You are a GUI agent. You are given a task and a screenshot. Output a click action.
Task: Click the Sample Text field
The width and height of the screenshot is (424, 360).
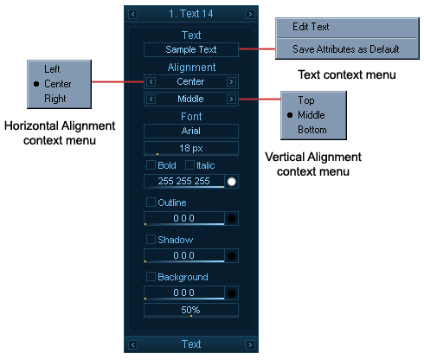pyautogui.click(x=191, y=49)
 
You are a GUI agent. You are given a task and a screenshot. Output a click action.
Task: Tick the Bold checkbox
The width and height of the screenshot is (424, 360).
pyautogui.click(x=151, y=165)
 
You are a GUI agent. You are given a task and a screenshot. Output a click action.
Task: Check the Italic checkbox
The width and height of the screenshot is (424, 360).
pyautogui.click(x=190, y=165)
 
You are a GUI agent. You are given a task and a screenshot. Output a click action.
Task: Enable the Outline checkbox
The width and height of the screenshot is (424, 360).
pyautogui.click(x=151, y=202)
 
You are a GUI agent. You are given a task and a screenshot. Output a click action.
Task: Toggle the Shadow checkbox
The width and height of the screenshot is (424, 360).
pyautogui.click(x=151, y=240)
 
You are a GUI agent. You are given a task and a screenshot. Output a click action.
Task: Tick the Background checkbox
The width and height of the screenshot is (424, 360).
pyautogui.click(x=151, y=277)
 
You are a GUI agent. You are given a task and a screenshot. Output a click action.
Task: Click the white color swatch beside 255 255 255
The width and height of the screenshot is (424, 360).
pyautogui.click(x=231, y=182)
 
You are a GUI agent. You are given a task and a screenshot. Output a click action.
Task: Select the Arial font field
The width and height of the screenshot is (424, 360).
pyautogui.click(x=191, y=131)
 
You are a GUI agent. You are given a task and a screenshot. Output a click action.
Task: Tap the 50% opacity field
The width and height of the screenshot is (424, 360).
pyautogui.click(x=191, y=310)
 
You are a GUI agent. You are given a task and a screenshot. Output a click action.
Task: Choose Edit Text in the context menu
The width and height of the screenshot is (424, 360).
pyautogui.click(x=311, y=27)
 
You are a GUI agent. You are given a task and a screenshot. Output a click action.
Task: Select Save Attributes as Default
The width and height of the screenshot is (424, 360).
pyautogui.click(x=346, y=49)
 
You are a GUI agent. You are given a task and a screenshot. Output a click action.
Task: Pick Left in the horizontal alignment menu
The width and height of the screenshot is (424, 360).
pyautogui.click(x=52, y=69)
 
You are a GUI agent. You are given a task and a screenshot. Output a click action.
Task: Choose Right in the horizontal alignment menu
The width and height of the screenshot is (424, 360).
pyautogui.click(x=55, y=99)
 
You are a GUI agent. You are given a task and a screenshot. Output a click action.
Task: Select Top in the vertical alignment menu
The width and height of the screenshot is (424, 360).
pyautogui.click(x=306, y=100)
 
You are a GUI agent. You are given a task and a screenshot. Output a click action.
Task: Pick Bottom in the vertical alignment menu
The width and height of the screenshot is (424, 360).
pyautogui.click(x=312, y=130)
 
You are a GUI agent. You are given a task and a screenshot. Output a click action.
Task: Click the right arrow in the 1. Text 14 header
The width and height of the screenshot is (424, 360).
pyautogui.click(x=250, y=14)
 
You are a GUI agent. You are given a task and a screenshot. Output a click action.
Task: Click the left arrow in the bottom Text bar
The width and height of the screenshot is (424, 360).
pyautogui.click(x=132, y=344)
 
